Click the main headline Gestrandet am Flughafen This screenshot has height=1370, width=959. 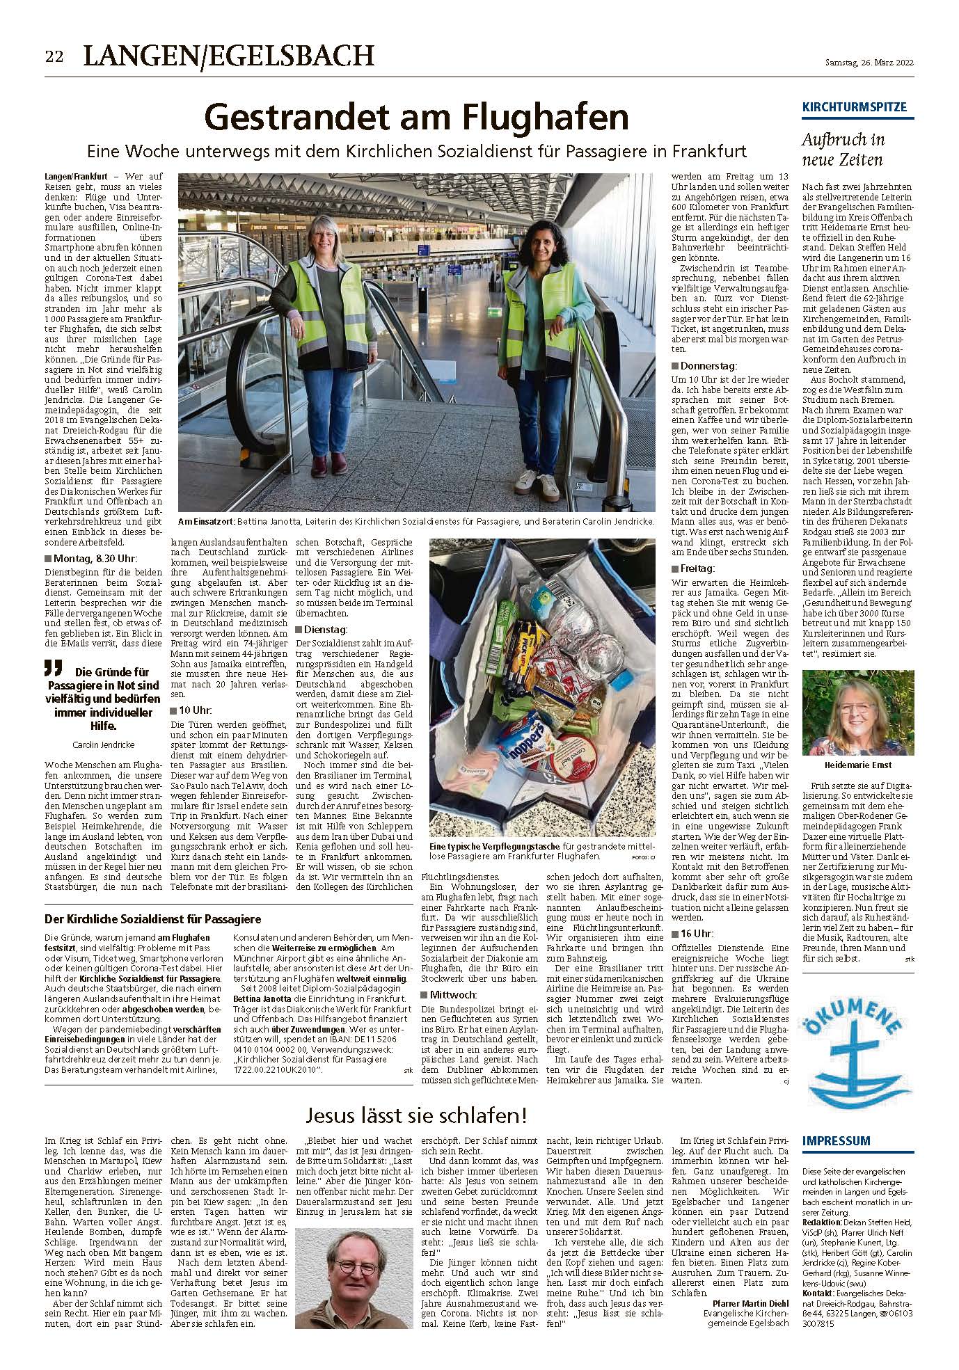pos(415,118)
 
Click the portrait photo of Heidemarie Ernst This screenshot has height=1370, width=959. pos(858,712)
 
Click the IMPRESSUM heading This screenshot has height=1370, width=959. pos(836,1140)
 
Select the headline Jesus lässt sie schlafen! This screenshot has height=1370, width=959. pos(416,1117)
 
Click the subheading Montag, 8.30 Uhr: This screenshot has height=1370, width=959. pos(94,557)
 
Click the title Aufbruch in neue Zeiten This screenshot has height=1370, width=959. pos(843,150)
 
